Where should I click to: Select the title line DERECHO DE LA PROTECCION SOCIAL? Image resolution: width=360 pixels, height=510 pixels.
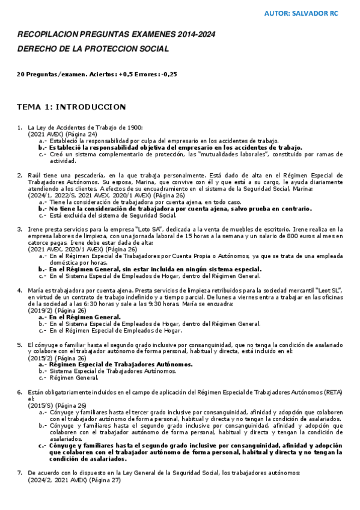point(93,48)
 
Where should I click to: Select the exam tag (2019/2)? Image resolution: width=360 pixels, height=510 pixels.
point(40,310)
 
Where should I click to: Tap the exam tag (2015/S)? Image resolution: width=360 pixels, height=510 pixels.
point(40,405)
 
